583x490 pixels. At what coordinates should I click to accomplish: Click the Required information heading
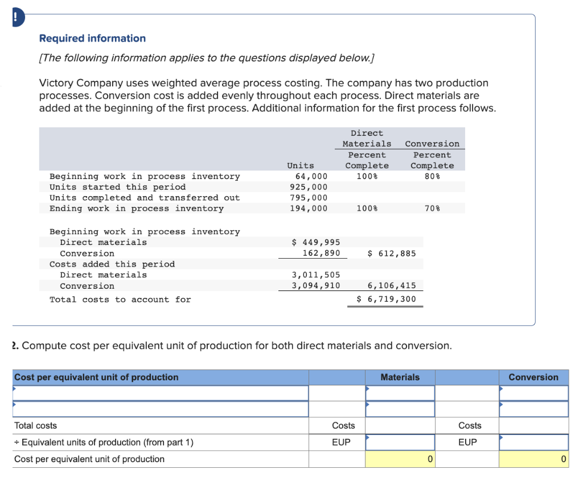(92, 38)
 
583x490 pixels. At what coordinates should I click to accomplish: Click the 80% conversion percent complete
(432, 176)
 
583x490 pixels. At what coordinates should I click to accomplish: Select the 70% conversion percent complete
(432, 209)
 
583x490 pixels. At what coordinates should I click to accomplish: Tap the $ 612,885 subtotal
(392, 253)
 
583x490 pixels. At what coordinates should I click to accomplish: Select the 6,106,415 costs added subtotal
(392, 286)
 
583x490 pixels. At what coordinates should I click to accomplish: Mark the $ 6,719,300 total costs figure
(386, 300)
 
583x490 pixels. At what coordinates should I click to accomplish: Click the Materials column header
(400, 377)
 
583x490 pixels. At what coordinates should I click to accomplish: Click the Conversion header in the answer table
(533, 377)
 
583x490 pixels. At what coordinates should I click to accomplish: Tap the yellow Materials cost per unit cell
(400, 459)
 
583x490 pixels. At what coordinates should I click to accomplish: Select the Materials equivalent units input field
(400, 442)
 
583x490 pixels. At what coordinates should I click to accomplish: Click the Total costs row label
(35, 426)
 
